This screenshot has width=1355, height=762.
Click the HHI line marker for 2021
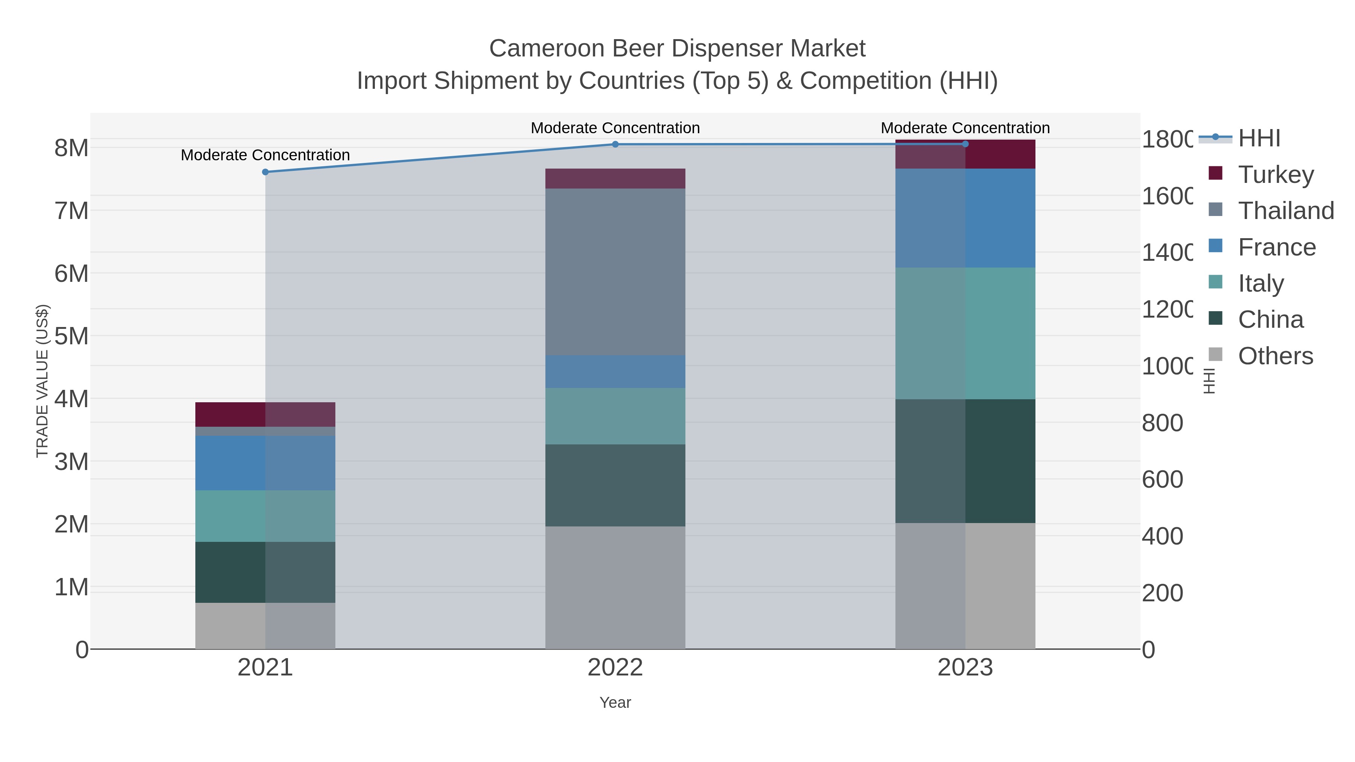coord(265,172)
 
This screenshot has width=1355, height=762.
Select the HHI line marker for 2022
coord(615,144)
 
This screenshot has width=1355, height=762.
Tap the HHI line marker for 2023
coord(965,144)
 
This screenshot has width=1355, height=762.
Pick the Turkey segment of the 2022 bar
coord(615,179)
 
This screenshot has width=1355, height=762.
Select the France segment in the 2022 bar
coord(615,372)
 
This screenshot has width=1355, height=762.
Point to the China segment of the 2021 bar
coord(265,572)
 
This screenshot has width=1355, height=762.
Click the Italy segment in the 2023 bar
coord(965,333)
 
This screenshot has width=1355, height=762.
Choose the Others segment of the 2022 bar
coord(615,587)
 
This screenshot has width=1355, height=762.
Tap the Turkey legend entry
coord(1276,175)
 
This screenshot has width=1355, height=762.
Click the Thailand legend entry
coord(1286,211)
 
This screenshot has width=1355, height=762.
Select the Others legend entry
coord(1275,356)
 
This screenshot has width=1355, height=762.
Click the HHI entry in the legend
coord(1259,138)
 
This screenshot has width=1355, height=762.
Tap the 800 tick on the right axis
coord(1163,423)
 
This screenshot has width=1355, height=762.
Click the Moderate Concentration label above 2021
coord(265,155)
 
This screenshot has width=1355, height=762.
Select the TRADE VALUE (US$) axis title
coord(42,381)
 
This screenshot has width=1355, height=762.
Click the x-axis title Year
coord(615,703)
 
